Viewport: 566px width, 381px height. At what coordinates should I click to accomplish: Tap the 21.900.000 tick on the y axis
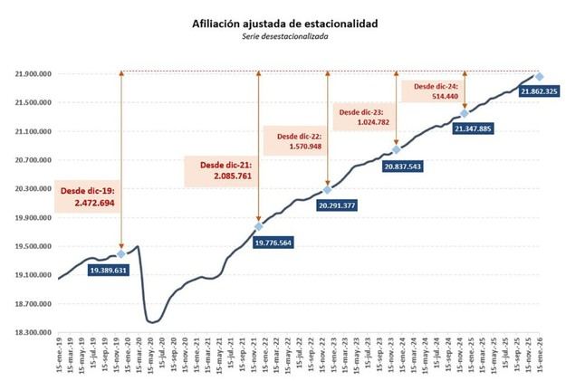coord(32,73)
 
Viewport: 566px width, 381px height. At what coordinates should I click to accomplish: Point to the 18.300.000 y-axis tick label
coord(32,332)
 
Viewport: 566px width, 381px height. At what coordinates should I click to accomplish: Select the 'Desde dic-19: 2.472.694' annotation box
coord(87,198)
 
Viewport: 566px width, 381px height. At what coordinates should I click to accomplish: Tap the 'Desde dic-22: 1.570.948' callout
coord(293,140)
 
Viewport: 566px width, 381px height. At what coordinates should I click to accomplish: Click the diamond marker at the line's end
coord(539,77)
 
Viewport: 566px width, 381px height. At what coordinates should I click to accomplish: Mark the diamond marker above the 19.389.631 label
coord(121,254)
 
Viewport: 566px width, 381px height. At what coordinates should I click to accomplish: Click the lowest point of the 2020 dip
coord(151,322)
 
